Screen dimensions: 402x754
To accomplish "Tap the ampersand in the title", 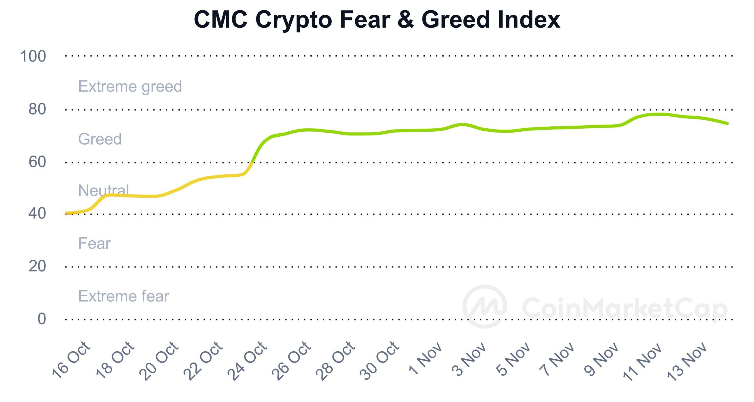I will click(406, 20).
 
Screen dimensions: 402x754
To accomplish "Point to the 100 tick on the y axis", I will click(33, 56).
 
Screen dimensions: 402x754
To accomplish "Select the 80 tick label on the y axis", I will click(37, 109).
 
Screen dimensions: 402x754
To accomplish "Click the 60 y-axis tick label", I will click(37, 162).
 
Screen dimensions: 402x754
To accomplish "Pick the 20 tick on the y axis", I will click(37, 266).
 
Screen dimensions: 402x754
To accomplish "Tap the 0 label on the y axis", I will click(42, 319).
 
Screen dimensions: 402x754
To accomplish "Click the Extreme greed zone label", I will click(130, 87).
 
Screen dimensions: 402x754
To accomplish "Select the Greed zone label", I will click(100, 139).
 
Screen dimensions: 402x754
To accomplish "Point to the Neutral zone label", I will click(103, 190).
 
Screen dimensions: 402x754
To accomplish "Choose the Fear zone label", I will click(94, 244).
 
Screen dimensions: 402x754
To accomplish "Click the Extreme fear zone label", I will click(124, 296).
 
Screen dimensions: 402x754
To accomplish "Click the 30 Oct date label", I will click(379, 361).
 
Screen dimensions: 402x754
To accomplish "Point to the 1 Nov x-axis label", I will click(425, 359).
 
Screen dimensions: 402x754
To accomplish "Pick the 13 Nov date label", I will click(687, 361).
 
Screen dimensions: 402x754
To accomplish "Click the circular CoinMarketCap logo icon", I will click(485, 306).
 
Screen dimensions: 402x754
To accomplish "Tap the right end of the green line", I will click(727, 123).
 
